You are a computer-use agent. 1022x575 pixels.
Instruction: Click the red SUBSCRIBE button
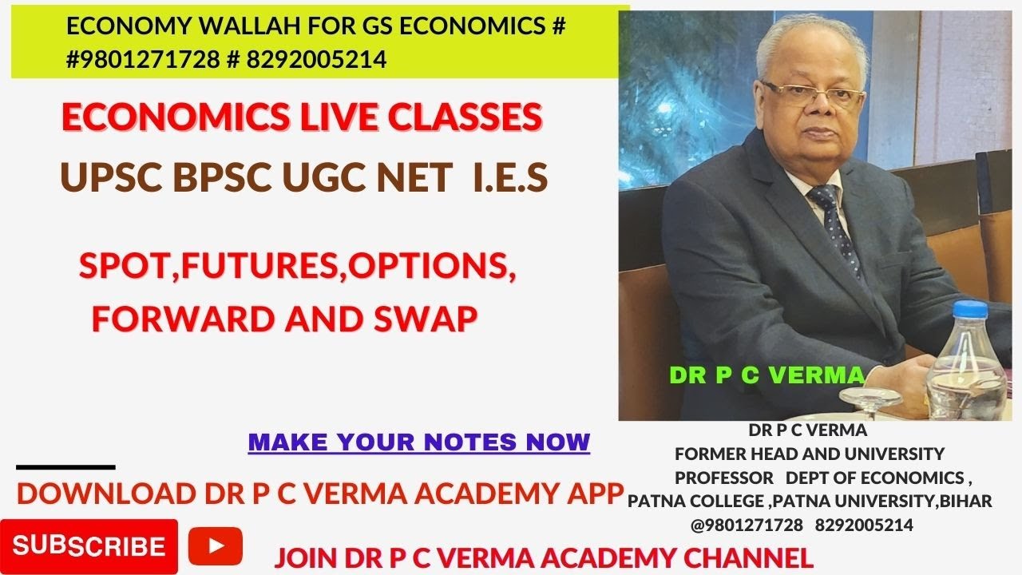89,547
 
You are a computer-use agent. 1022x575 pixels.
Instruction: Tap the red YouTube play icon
216,547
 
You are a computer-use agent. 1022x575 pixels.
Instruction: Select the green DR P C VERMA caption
767,375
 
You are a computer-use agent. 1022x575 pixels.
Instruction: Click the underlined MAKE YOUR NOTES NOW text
419,442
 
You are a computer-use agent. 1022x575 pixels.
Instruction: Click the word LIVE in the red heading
331,118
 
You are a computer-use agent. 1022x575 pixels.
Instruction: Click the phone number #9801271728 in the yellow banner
143,59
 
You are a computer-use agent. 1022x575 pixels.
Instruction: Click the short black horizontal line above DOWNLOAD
65,467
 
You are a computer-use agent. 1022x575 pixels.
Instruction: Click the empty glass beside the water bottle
870,397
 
